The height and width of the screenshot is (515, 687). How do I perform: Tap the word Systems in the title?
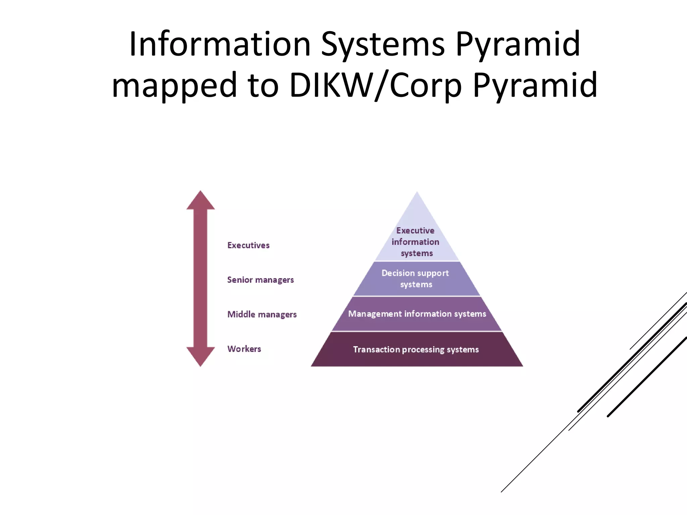tap(383, 45)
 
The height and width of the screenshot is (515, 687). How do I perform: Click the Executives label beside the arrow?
tap(248, 245)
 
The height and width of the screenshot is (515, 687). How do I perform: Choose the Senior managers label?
tap(260, 280)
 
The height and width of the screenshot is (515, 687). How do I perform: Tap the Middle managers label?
tap(262, 314)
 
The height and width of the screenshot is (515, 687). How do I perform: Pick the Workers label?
tap(244, 349)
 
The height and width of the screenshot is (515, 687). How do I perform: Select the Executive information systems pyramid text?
tap(416, 242)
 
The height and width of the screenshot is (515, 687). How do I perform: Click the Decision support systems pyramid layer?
tap(416, 279)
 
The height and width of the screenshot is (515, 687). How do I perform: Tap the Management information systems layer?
tap(417, 314)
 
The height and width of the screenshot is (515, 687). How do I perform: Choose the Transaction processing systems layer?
tap(416, 349)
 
